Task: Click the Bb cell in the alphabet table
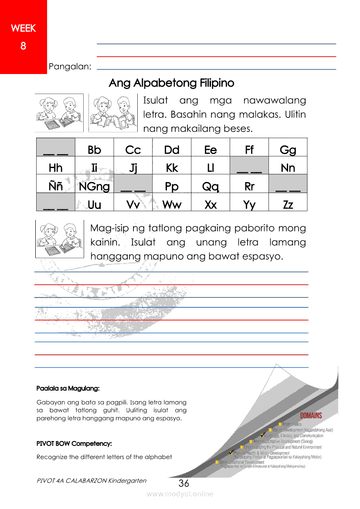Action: click(94, 150)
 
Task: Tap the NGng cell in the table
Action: click(94, 187)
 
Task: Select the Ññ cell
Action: click(56, 187)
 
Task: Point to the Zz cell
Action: click(288, 205)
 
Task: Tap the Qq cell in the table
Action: click(211, 187)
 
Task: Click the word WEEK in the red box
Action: click(23, 29)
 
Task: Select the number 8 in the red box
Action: click(23, 46)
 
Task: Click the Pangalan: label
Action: click(70, 67)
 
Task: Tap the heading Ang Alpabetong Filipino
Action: click(171, 83)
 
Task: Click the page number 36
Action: click(184, 483)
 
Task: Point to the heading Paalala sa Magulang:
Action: click(68, 388)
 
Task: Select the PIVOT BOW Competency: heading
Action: click(74, 444)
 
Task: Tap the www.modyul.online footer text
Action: click(180, 494)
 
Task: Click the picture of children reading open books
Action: click(113, 113)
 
